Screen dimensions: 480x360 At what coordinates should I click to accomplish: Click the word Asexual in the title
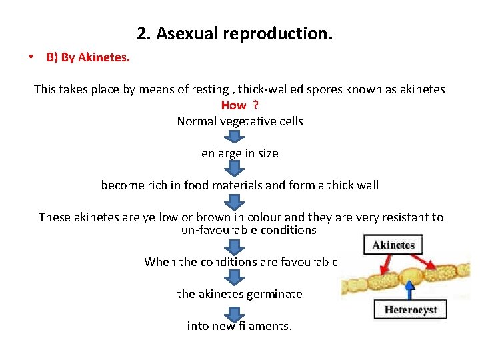(181, 33)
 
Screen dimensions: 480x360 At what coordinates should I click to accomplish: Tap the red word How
(233, 105)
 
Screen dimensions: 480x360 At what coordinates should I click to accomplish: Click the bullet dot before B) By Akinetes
(31, 57)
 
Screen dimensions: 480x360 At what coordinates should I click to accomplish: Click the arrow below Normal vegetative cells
(233, 137)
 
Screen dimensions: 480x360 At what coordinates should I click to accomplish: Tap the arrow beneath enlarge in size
(233, 168)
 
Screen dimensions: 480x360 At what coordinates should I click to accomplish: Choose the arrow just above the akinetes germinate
(233, 277)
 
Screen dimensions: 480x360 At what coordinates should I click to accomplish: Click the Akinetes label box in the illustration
(393, 245)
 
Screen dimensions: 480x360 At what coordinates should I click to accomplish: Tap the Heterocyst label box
(411, 310)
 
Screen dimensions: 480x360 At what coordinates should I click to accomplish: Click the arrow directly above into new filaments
(233, 311)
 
